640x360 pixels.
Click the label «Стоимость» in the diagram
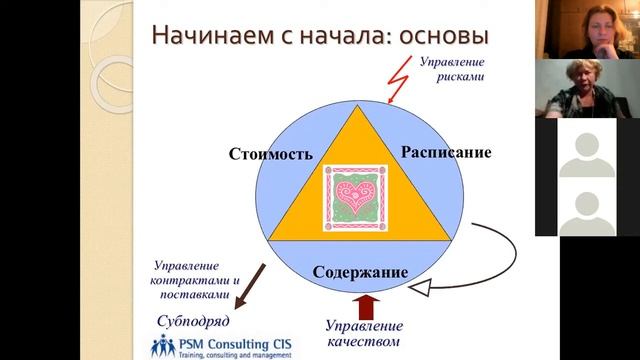tap(271, 154)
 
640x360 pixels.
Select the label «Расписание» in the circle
tap(446, 152)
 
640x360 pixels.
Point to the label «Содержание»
tap(360, 272)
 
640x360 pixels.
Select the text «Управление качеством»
tap(365, 334)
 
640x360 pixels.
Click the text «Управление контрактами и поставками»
tap(196, 281)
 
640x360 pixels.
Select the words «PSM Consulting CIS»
tap(226, 343)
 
